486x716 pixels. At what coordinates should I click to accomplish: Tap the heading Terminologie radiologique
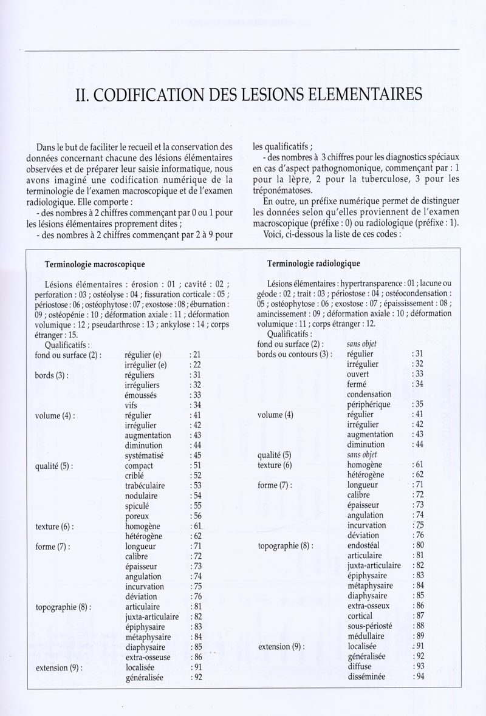coord(314,263)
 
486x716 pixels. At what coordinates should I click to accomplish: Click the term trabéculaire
coord(147,485)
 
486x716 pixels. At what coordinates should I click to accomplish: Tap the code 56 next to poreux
coord(196,516)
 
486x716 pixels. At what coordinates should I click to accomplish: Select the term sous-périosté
coord(370,626)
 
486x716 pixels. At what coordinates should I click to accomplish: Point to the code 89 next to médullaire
coord(418,636)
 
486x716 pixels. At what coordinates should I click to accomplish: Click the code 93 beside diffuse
coord(418,666)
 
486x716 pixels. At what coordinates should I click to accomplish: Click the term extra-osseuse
coord(148,657)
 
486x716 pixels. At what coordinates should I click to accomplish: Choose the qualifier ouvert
coord(360,373)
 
